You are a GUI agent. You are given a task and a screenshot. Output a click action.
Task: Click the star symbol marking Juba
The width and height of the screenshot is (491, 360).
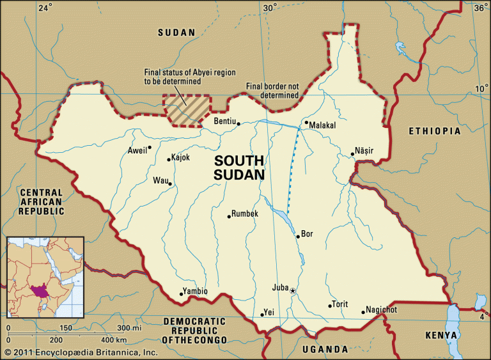293,292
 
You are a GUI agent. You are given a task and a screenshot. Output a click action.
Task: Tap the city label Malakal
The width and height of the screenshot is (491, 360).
322,126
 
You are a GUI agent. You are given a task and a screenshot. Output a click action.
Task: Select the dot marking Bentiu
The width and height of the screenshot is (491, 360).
238,123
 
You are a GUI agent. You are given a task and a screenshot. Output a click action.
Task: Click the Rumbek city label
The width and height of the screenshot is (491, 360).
245,214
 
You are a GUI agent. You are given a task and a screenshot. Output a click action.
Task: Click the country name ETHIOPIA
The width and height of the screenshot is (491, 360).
434,131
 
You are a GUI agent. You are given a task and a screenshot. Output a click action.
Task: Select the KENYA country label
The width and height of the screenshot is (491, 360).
442,335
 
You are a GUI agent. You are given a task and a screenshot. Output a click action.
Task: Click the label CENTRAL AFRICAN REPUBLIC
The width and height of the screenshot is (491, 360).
42,201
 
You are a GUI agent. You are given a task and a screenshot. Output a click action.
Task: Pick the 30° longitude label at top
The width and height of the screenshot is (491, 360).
270,8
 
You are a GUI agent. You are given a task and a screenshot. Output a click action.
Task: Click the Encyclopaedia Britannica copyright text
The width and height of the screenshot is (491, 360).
80,352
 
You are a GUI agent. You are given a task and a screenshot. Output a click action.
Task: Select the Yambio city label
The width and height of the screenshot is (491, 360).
195,291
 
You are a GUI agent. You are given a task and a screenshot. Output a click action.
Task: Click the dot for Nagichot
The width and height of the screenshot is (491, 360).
363,313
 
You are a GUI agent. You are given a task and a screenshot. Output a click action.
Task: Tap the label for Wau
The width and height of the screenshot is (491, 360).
160,180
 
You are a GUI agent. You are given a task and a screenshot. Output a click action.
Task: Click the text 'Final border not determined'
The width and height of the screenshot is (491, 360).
272,91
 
